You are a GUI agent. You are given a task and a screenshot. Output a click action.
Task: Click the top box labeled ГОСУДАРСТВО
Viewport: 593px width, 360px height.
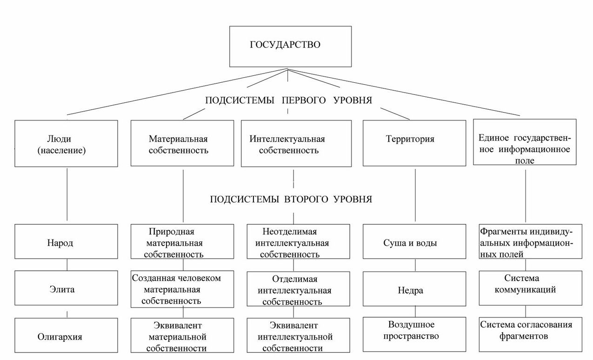coord(290,46)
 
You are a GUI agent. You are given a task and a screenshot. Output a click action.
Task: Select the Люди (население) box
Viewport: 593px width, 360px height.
coord(66,144)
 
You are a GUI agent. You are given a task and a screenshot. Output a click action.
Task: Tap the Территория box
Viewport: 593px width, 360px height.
coord(414,143)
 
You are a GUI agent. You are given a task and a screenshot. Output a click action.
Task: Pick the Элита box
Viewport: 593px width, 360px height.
coord(66,289)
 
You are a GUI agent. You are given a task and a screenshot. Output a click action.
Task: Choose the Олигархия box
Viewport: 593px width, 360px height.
coord(66,336)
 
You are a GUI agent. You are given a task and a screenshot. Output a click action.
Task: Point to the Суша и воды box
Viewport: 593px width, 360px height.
coord(414,242)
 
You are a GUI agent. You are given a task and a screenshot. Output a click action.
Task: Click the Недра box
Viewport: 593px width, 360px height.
coord(414,289)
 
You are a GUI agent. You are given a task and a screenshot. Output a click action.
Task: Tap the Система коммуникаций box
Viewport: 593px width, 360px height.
coord(530,288)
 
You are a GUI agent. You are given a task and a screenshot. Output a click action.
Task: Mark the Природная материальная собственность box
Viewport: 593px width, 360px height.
coord(182,242)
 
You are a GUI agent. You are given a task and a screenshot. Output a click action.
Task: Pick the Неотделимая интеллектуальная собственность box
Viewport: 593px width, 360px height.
coord(298,242)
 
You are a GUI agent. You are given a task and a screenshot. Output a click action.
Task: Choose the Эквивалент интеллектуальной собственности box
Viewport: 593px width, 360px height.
coord(298,335)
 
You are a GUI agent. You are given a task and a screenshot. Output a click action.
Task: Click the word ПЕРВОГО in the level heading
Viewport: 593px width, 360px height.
coord(306,100)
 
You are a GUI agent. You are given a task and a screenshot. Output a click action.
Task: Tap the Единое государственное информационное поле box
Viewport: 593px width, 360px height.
coord(525,142)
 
